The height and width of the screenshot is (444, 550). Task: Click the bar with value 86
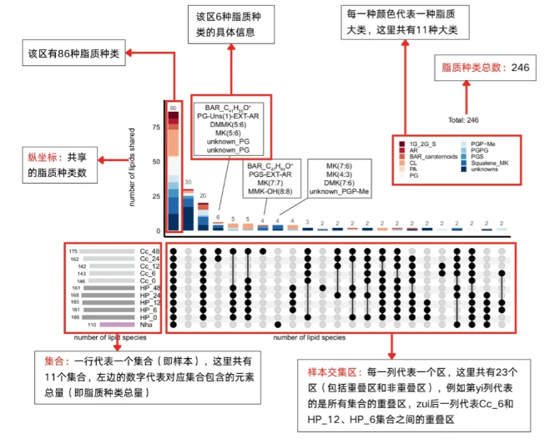coord(174,171)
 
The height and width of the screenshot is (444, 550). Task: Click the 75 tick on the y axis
coord(156,128)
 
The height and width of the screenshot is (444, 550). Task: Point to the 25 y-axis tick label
coord(156,196)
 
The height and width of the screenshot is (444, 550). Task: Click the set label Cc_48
coord(149,251)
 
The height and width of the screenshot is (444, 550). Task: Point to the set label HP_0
coord(149,317)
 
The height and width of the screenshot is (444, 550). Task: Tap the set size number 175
coord(73,251)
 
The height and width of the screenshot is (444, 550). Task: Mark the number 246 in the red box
coord(520,68)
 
